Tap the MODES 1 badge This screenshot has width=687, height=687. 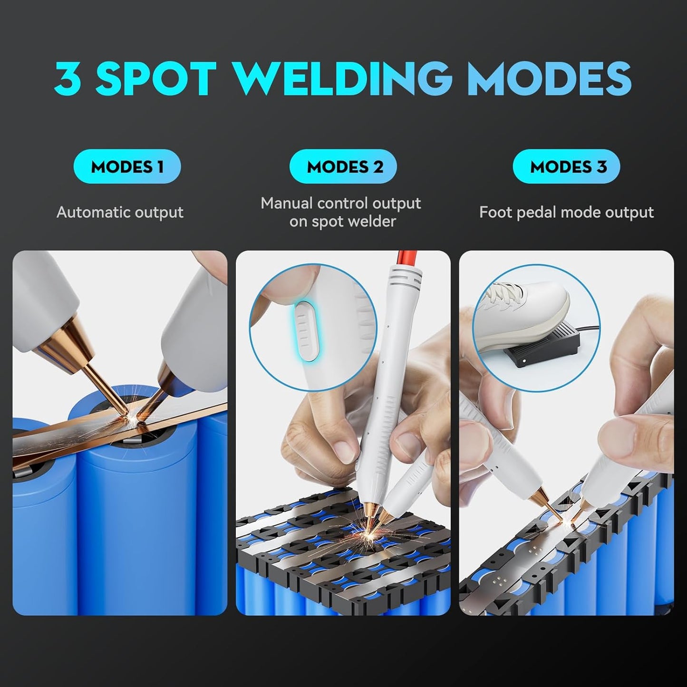pyautogui.click(x=127, y=167)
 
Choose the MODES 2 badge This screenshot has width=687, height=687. pyautogui.click(x=343, y=167)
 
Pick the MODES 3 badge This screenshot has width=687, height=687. pyautogui.click(x=566, y=167)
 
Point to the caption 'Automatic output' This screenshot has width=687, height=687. pyautogui.click(x=120, y=212)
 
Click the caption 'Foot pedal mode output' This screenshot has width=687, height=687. pyautogui.click(x=566, y=212)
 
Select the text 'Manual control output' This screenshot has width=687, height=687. pyautogui.click(x=340, y=203)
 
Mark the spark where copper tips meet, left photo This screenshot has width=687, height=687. pyautogui.click(x=131, y=418)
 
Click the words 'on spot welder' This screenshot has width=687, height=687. pyautogui.click(x=342, y=222)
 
